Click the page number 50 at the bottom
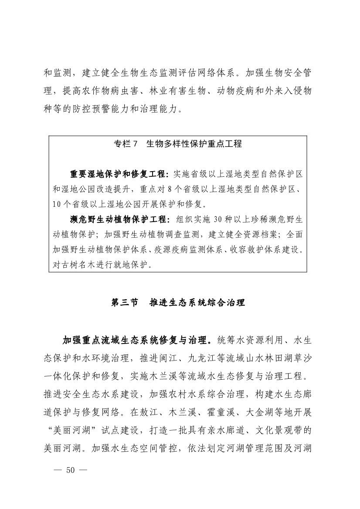coord(70,470)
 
